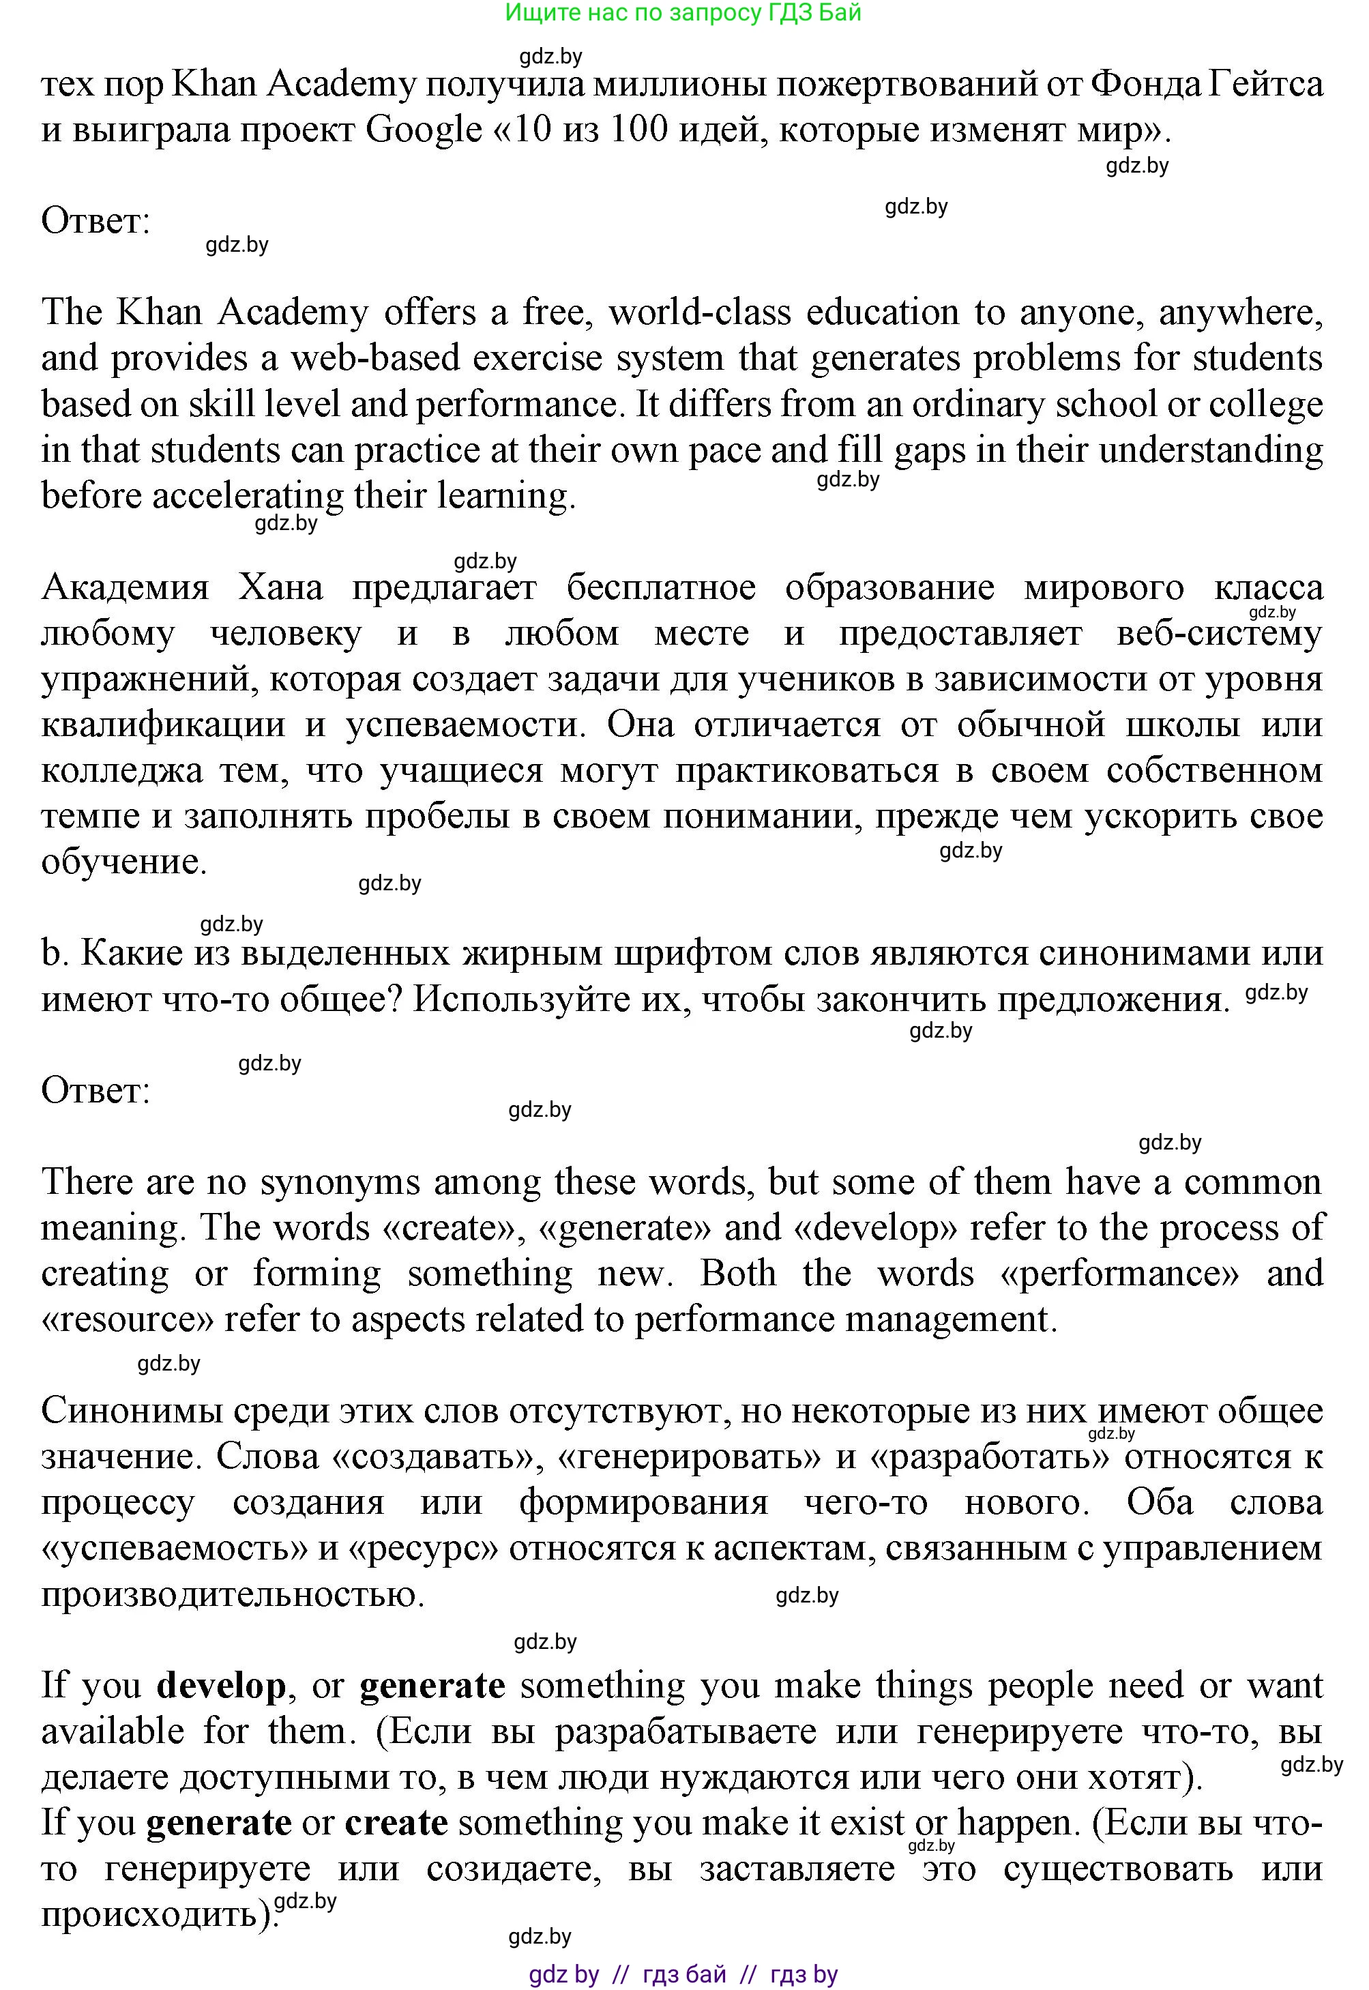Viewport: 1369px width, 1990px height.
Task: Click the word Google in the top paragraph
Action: [424, 130]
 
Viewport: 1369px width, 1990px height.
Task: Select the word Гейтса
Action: [1266, 85]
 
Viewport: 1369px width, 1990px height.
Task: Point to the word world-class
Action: [700, 312]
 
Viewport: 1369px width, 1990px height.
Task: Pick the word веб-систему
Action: [1220, 634]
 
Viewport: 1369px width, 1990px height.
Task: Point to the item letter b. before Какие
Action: [53, 954]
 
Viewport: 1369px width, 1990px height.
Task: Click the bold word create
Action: [396, 1823]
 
